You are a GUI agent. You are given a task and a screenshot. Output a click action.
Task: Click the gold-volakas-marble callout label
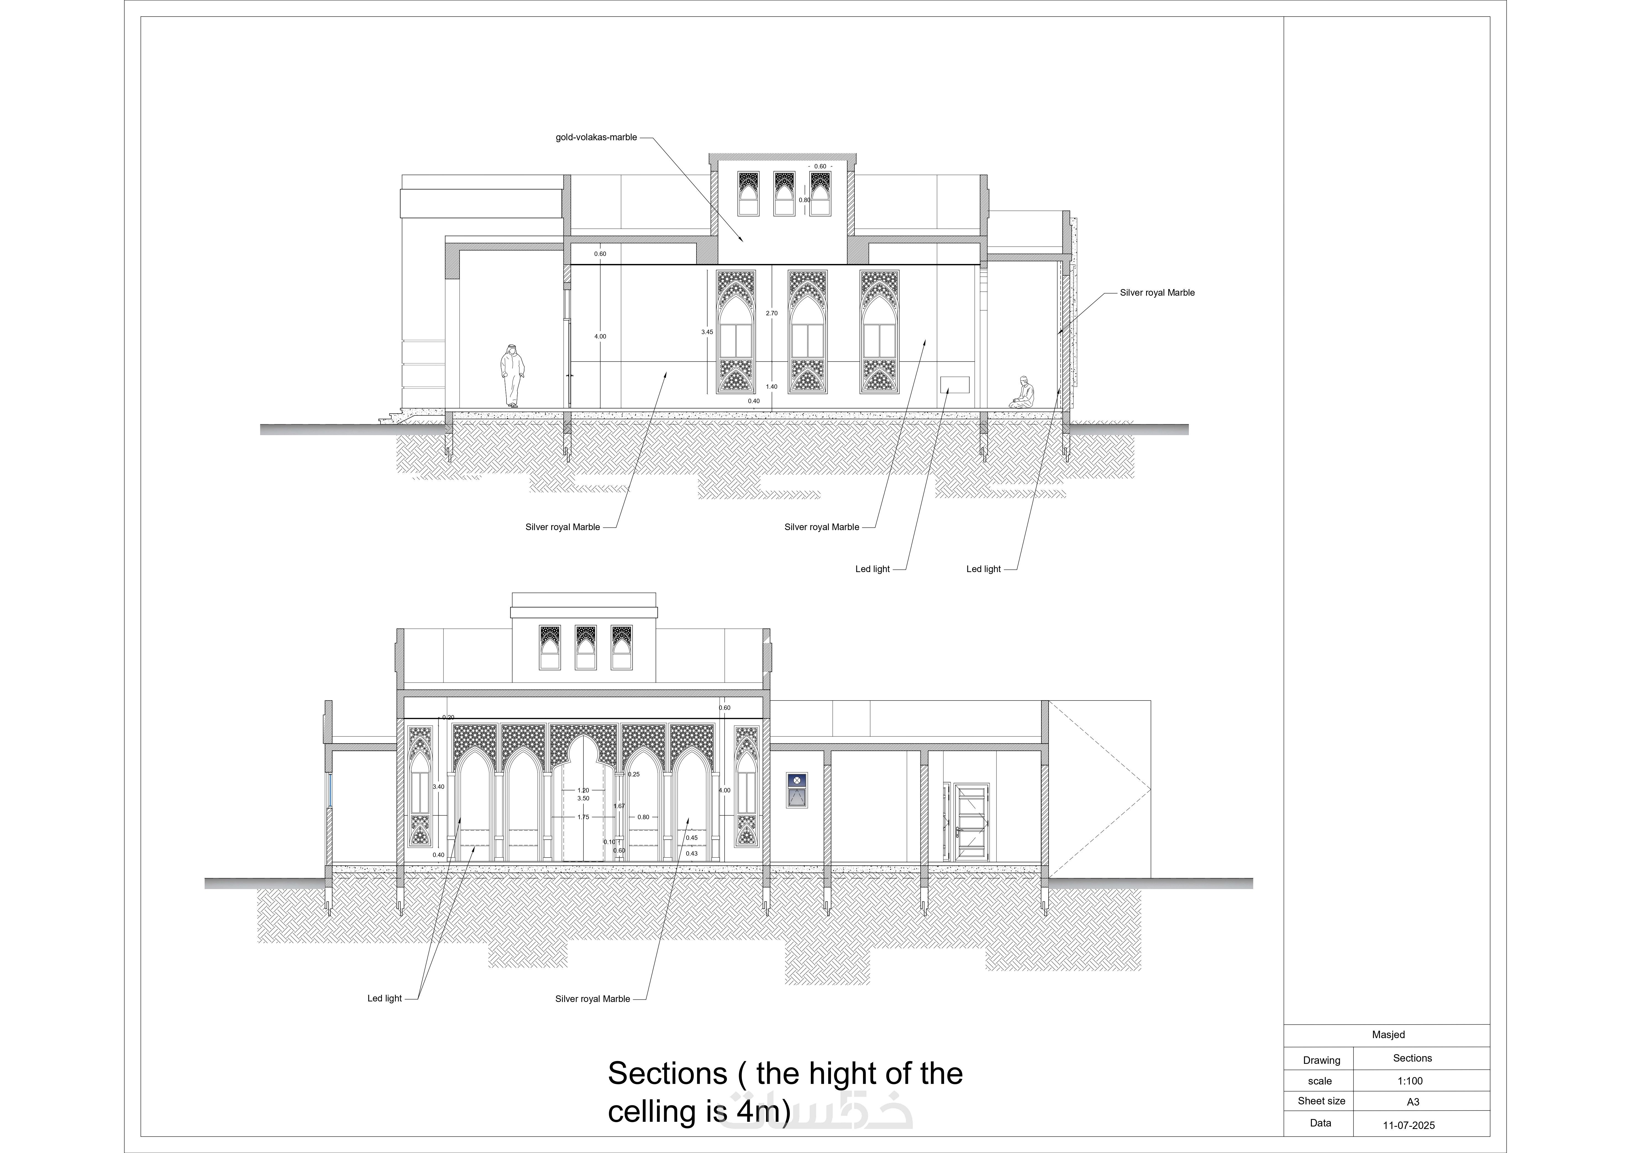(596, 137)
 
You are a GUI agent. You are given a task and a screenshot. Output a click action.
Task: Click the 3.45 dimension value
(707, 332)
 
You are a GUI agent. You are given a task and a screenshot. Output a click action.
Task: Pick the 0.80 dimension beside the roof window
(804, 200)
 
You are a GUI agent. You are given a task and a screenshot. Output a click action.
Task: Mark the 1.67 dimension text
(619, 806)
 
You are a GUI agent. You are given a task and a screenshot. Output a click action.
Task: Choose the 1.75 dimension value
(583, 817)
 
